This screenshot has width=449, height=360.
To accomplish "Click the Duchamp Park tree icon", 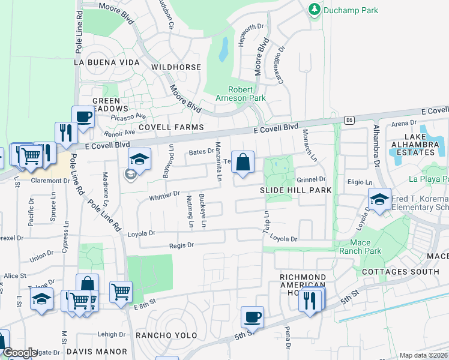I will click(x=314, y=10).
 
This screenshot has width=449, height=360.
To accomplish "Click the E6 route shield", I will click(x=349, y=121).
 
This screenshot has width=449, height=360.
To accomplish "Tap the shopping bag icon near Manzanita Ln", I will click(x=243, y=163).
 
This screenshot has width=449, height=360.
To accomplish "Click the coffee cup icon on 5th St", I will click(x=252, y=317).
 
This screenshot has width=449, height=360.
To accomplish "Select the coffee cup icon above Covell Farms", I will click(x=83, y=117).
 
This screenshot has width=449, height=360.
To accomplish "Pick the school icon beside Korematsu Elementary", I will click(x=379, y=200).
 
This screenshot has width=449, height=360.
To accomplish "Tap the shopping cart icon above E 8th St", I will click(x=121, y=292).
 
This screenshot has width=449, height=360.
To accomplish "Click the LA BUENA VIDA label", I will click(x=107, y=62).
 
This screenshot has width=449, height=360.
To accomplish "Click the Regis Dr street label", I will click(x=182, y=245).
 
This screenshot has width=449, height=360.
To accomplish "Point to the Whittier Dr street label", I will click(x=164, y=194).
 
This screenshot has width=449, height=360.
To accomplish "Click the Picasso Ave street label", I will click(x=132, y=116).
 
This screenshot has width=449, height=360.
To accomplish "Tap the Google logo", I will click(x=20, y=353).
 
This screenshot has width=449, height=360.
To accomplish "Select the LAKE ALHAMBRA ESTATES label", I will click(x=416, y=148).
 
